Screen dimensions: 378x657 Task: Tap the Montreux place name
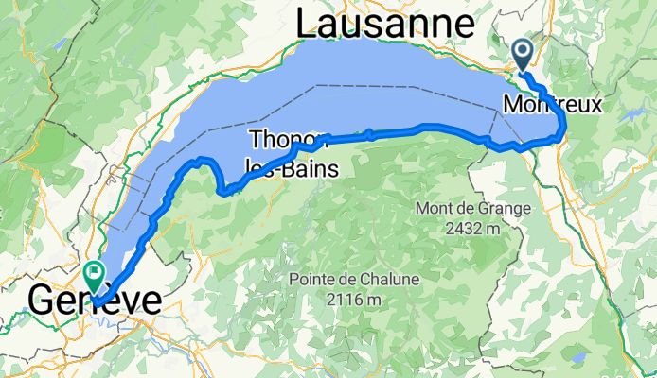pyautogui.click(x=553, y=104)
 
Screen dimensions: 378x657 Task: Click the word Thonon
pyautogui.click(x=281, y=141)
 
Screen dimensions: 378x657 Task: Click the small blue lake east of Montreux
pyautogui.click(x=632, y=112)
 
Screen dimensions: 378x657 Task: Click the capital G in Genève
pyautogui.click(x=44, y=301)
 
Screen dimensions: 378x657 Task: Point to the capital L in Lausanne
pyautogui.click(x=308, y=24)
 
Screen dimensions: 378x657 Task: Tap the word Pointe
pyautogui.click(x=311, y=280)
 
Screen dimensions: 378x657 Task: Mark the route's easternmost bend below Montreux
pyautogui.click(x=564, y=124)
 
